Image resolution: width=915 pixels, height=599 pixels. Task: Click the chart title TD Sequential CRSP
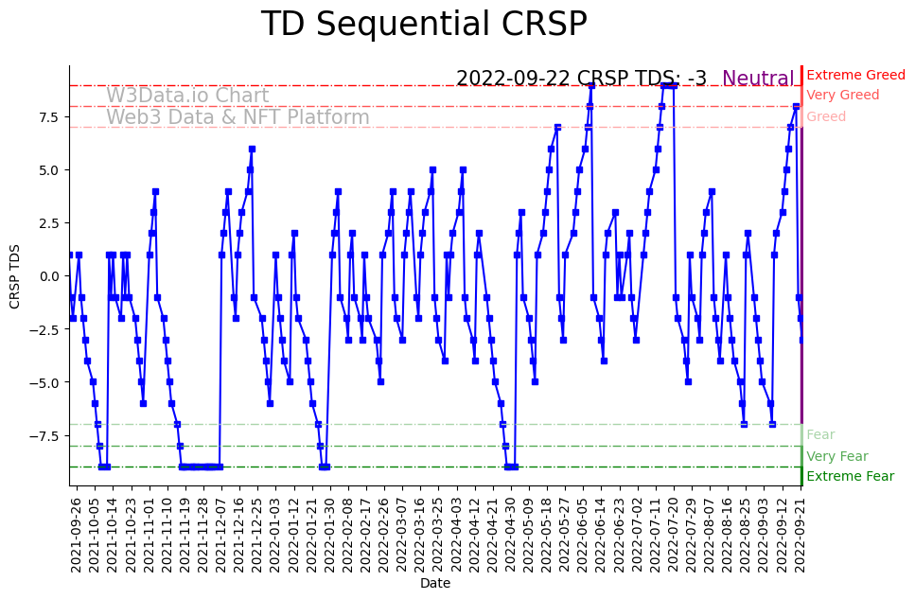[x=424, y=25]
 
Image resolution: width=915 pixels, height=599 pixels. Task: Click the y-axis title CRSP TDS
[x=15, y=275]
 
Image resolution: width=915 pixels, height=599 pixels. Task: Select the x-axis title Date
[x=435, y=584]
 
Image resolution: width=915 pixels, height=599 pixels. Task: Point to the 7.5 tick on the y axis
[x=49, y=117]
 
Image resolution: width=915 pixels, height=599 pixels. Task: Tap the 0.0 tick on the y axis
[x=49, y=276]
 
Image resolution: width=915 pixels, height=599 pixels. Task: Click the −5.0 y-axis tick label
[x=45, y=382]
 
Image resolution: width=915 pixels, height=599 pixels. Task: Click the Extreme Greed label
[x=855, y=75]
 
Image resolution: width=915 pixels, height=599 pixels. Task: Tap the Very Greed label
[x=842, y=96]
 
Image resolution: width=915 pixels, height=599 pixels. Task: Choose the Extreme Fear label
[x=850, y=477]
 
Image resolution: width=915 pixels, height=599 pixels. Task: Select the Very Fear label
[x=836, y=456]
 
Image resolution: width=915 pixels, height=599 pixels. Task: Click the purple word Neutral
[x=758, y=79]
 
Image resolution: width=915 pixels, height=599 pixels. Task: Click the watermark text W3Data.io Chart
[x=187, y=96]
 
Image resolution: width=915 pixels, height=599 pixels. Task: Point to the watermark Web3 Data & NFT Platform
[x=238, y=117]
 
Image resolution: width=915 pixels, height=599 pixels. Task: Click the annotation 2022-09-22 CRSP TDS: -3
[x=581, y=79]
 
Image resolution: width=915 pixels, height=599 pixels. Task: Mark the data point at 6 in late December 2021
[x=252, y=149]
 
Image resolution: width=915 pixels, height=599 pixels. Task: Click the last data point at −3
[x=802, y=340]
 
